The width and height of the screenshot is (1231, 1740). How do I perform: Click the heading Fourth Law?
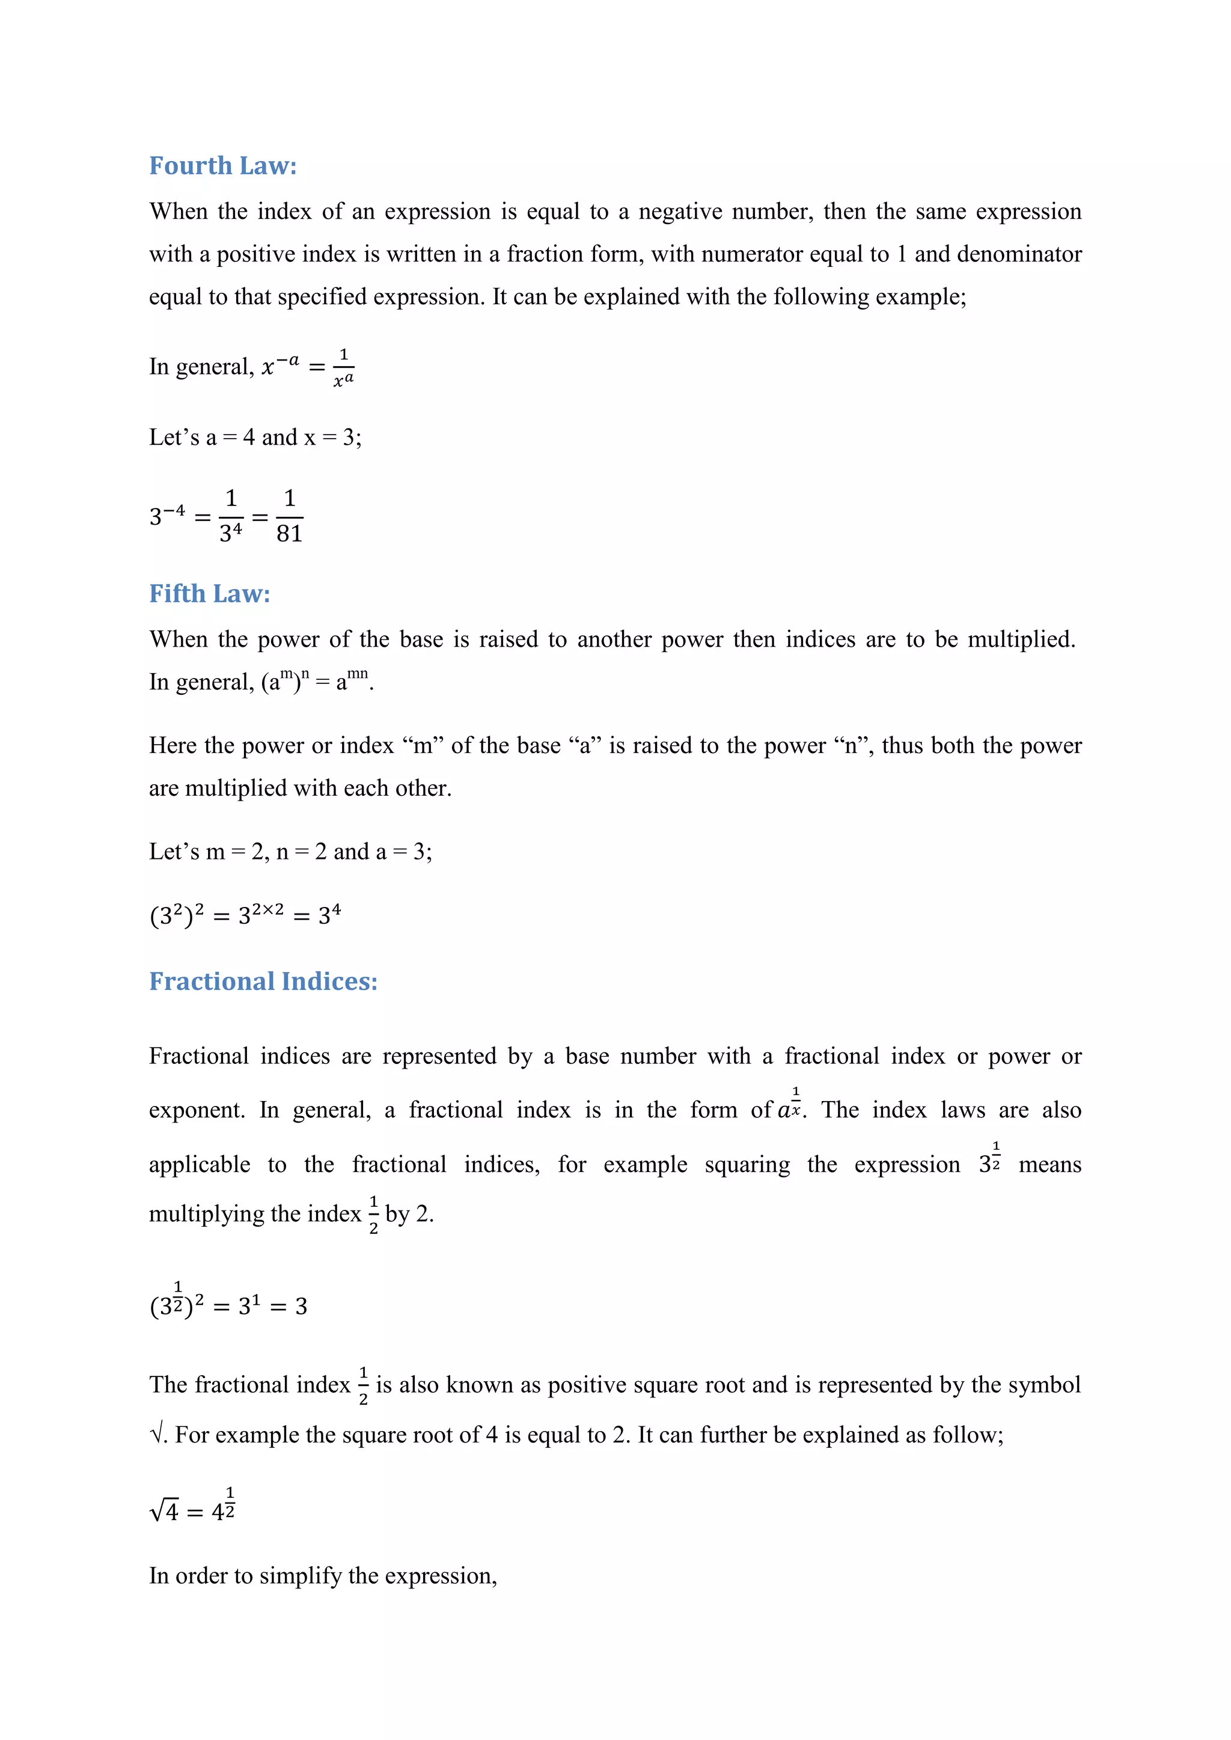[223, 166]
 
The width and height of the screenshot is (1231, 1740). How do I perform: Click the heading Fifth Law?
[209, 593]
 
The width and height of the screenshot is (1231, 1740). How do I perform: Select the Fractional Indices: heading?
[263, 981]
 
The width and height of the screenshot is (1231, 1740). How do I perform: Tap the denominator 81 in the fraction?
[290, 534]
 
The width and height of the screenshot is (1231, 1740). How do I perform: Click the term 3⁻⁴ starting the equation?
[166, 516]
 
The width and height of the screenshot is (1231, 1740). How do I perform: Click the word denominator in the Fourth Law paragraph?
[1019, 254]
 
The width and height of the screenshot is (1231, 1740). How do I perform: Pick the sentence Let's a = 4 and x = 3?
[255, 438]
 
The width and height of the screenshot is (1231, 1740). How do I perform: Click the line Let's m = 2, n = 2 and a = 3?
[290, 852]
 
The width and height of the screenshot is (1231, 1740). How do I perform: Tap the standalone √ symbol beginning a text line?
[157, 1435]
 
